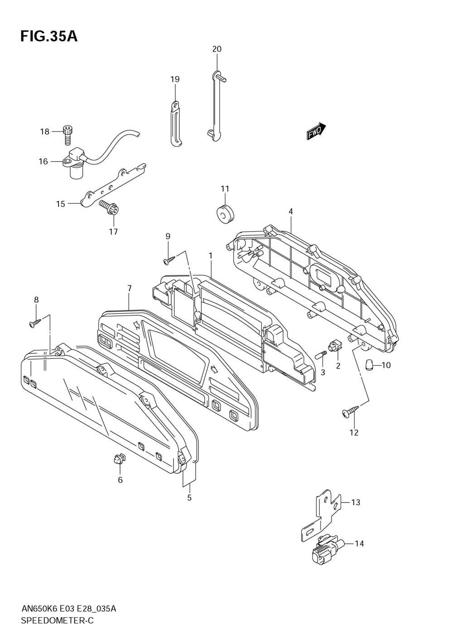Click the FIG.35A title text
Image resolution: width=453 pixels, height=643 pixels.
click(49, 36)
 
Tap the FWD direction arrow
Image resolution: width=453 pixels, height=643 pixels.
click(316, 131)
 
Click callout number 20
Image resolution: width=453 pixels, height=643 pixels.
click(217, 49)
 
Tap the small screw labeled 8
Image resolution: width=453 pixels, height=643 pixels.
click(36, 323)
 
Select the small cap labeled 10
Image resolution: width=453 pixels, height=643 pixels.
click(369, 365)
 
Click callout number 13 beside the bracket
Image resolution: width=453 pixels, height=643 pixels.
click(356, 503)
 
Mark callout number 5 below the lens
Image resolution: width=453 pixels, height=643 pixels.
click(189, 498)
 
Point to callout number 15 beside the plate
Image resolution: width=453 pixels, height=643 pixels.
click(61, 204)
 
